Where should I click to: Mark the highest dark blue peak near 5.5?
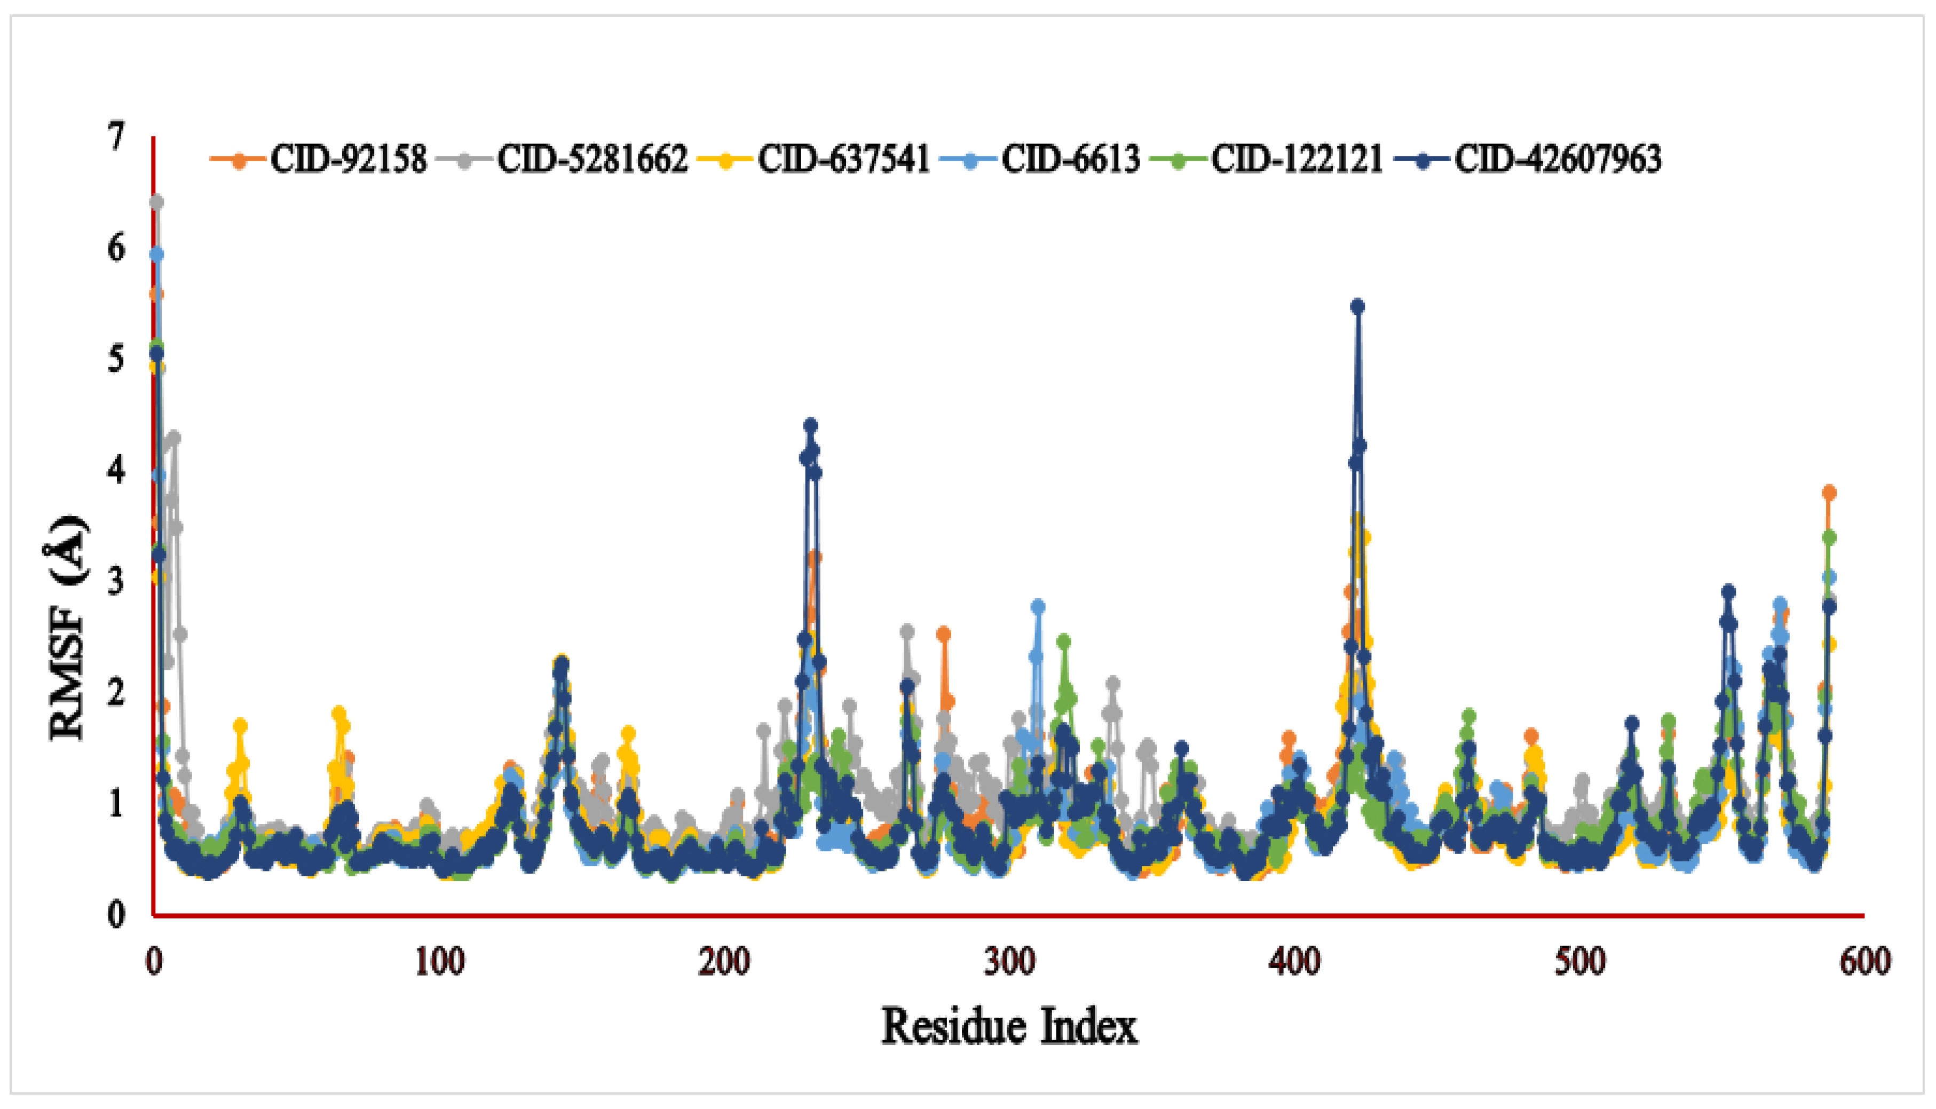[x=1357, y=307]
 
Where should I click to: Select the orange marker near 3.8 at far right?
[x=1829, y=493]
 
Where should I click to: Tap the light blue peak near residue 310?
[x=1037, y=607]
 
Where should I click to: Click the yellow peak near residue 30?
[x=240, y=725]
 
